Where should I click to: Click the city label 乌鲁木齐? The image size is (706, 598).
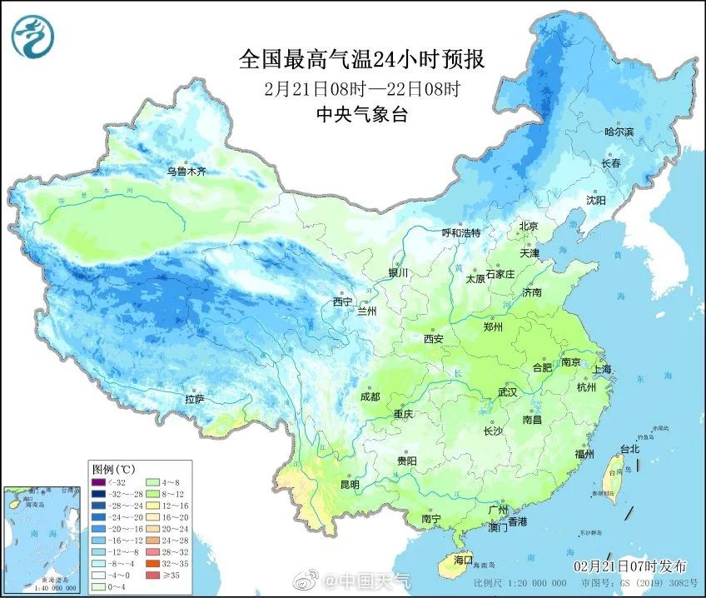pyautogui.click(x=186, y=172)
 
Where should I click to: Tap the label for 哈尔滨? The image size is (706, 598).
pyautogui.click(x=619, y=132)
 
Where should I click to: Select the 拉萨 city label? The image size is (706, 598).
pyautogui.click(x=195, y=400)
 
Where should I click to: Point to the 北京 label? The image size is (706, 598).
pyautogui.click(x=529, y=227)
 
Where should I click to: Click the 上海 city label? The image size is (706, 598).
pyautogui.click(x=601, y=369)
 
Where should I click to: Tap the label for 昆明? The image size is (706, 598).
pyautogui.click(x=349, y=484)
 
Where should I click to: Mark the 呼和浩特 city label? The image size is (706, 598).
pyautogui.click(x=460, y=233)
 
